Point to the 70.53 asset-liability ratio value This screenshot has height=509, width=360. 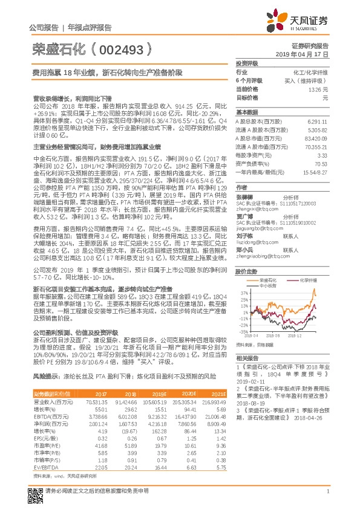pyautogui.click(x=321, y=164)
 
